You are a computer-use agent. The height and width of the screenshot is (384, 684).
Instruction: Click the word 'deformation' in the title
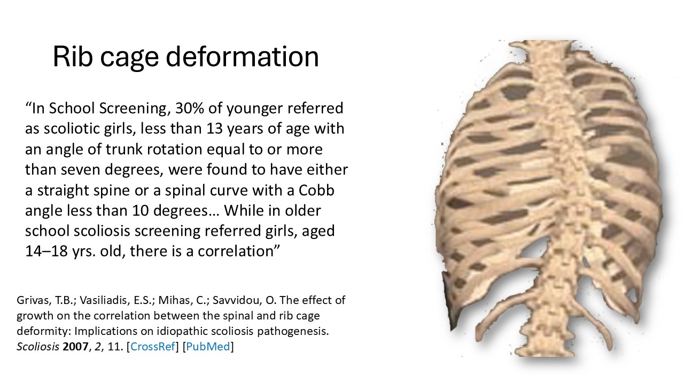point(242,57)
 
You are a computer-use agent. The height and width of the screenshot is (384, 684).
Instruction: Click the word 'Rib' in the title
point(73,57)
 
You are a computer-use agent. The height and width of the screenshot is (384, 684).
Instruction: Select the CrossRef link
point(153,347)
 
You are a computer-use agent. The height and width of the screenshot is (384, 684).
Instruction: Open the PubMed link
point(208,347)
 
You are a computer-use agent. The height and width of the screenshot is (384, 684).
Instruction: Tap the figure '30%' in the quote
point(189,108)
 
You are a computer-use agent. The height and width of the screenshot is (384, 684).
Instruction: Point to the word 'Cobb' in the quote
point(316,190)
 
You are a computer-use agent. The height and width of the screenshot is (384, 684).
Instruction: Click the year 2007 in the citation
point(75,347)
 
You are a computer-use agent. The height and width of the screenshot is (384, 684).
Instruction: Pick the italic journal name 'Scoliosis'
point(38,347)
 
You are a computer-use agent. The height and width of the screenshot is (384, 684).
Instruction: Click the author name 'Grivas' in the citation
point(32,300)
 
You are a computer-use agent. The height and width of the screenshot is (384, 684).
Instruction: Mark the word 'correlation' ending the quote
point(236,251)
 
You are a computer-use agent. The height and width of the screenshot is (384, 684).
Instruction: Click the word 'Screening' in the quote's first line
point(134,108)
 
